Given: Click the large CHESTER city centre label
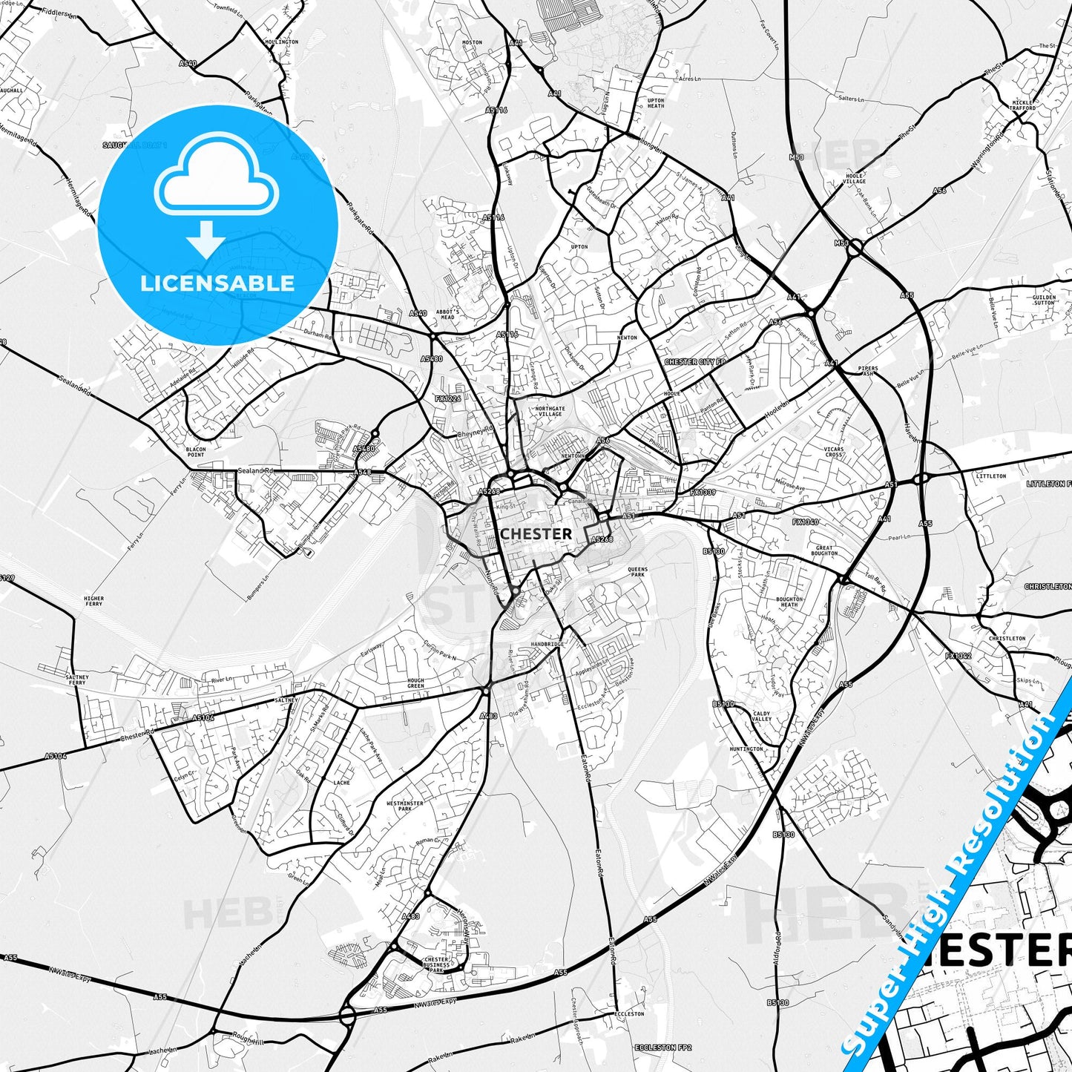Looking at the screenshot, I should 536,533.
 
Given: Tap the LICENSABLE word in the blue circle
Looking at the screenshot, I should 217,283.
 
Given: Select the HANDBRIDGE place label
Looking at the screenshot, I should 547,645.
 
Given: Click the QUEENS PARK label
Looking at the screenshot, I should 637,572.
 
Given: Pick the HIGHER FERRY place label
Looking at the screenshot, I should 94,601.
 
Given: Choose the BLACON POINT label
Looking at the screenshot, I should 195,452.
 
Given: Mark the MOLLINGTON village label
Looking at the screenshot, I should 281,42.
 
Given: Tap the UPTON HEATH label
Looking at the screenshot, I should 656,103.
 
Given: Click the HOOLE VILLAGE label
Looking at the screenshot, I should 855,178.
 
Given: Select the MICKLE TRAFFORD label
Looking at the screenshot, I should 1022,105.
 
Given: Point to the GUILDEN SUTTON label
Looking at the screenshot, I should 1043,300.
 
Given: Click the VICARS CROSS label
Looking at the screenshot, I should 834,452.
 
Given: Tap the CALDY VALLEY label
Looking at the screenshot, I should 762,716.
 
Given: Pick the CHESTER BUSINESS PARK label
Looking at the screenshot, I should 435,964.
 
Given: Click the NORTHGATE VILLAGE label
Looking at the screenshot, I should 550,411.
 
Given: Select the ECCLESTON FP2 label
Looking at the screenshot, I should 662,1048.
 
